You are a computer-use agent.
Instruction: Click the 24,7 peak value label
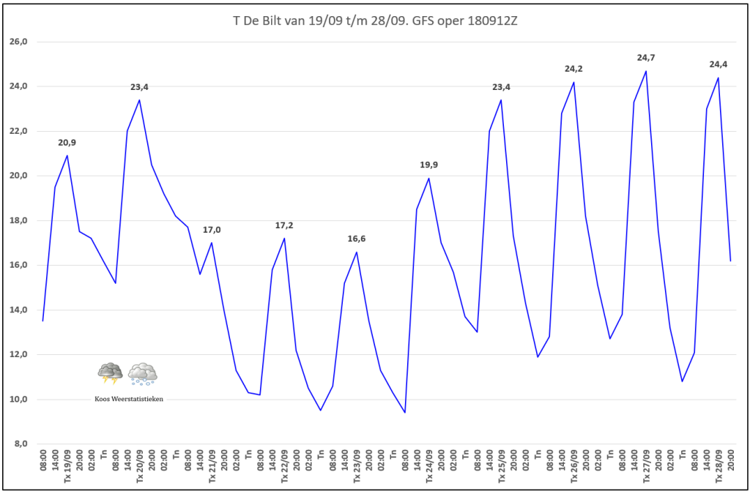click(x=646, y=57)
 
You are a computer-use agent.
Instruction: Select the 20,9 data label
click(x=67, y=143)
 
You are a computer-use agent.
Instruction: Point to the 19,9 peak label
click(x=428, y=165)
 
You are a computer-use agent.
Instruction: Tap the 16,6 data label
click(x=357, y=239)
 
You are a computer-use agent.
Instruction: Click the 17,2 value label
click(x=284, y=225)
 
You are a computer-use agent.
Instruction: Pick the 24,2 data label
click(x=573, y=69)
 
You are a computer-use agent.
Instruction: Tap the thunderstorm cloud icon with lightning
click(x=111, y=373)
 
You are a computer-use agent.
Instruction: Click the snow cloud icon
click(x=142, y=373)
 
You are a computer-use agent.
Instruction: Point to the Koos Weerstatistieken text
click(x=129, y=399)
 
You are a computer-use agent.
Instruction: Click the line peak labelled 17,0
click(x=212, y=243)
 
